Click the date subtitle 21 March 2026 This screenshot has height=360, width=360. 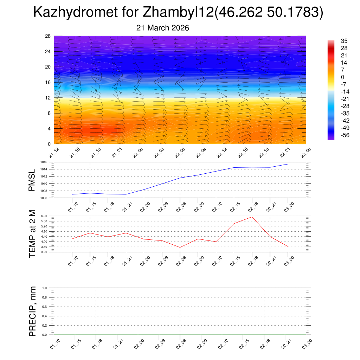click(x=162, y=28)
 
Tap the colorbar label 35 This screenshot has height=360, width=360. click(x=344, y=41)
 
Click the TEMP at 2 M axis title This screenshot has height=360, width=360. click(x=32, y=234)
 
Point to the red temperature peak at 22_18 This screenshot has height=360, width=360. click(x=252, y=217)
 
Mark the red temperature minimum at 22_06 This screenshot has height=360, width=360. click(x=180, y=247)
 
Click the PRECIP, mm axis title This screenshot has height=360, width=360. click(x=32, y=311)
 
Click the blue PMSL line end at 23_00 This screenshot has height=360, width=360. click(x=288, y=164)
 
